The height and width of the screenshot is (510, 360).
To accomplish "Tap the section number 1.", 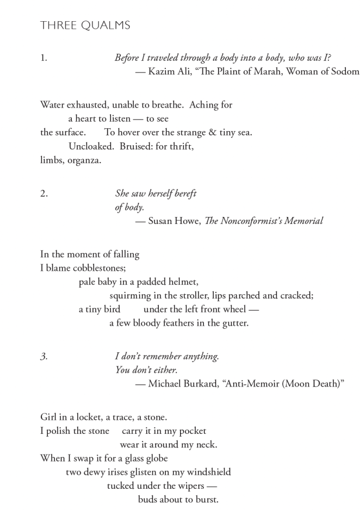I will tap(44, 58).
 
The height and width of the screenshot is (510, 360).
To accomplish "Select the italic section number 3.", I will tap(44, 357).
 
